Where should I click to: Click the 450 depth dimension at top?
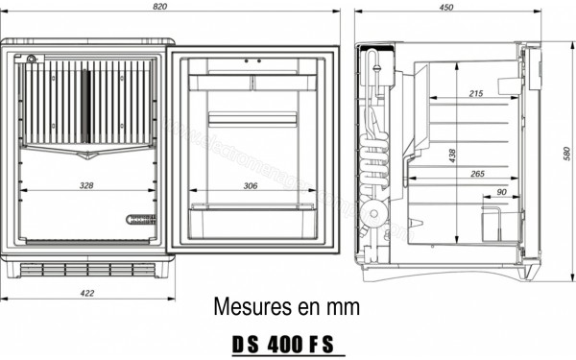[446, 7]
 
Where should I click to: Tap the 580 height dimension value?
[566, 154]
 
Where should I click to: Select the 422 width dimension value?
[86, 294]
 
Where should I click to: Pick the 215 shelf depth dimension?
[476, 93]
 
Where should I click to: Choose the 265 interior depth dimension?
[476, 174]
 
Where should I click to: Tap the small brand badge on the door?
[140, 220]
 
